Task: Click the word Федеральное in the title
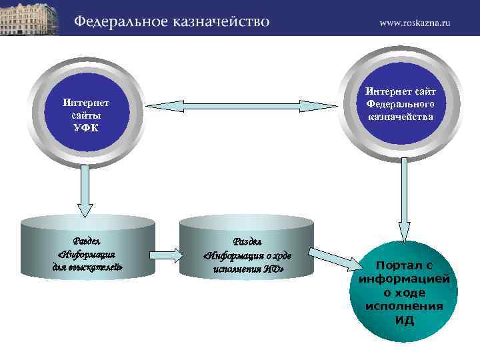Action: coord(119,21)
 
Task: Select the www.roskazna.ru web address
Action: coord(415,22)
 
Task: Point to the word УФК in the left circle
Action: coord(85,127)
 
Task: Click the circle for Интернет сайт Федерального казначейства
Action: coord(400,105)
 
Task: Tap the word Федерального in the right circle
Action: coord(400,105)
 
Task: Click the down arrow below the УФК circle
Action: coord(85,191)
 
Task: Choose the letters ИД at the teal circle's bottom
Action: coord(404,321)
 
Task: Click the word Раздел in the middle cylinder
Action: coord(247,241)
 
